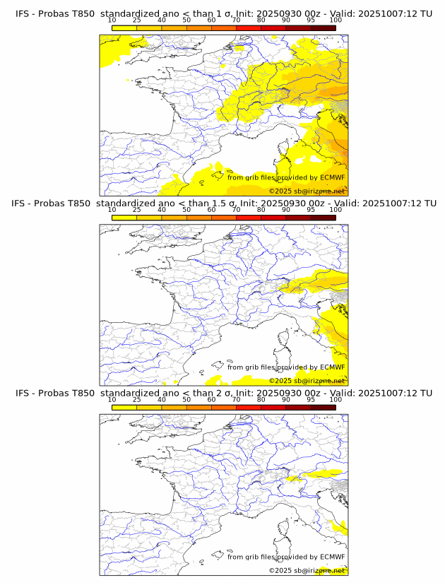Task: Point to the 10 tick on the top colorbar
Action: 112,20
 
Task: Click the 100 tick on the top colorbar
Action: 336,20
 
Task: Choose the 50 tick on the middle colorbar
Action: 186,210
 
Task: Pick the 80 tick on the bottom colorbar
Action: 261,399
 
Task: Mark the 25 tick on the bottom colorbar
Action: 137,399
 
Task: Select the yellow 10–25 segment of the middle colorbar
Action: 124,218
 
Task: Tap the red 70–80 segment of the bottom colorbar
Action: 249,407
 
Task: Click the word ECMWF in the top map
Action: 332,177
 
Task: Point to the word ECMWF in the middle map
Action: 332,367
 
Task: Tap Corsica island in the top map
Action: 285,150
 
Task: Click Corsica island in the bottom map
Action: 285,528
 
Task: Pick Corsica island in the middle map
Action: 285,339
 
